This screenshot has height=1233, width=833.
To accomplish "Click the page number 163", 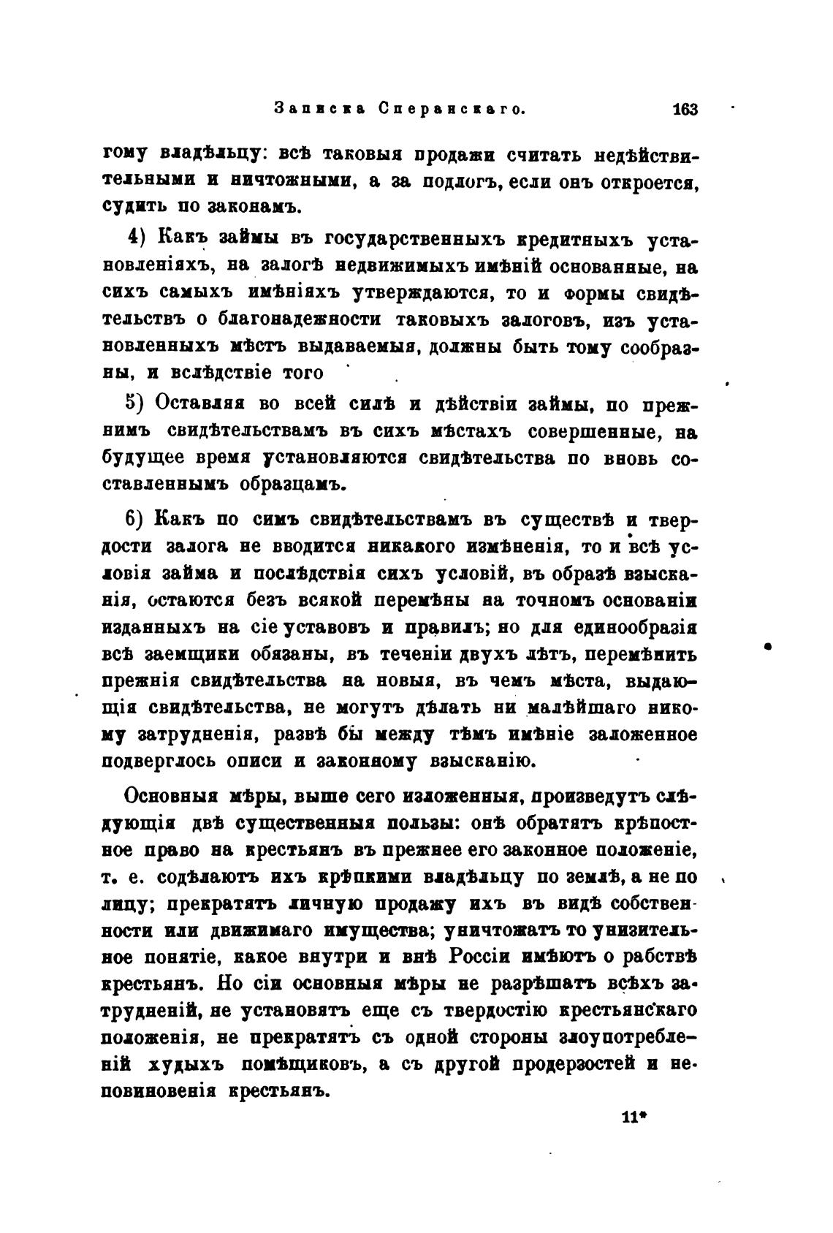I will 685,110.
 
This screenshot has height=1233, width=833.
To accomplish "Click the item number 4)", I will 139,238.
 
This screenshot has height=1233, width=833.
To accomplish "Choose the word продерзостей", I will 561,1065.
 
